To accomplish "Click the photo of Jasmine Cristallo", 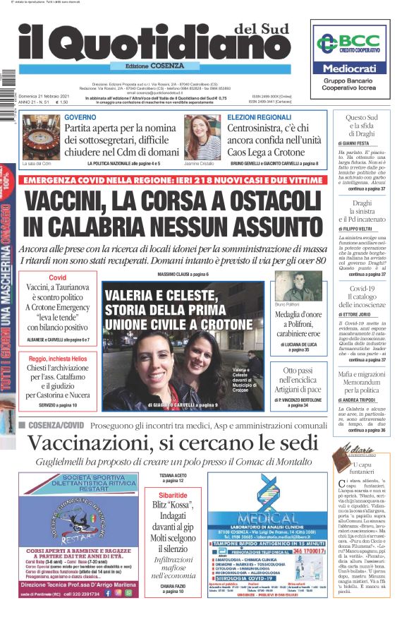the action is (x=202, y=137).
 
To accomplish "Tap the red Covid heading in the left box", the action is (x=57, y=277).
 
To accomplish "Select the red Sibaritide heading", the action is (x=173, y=496).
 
